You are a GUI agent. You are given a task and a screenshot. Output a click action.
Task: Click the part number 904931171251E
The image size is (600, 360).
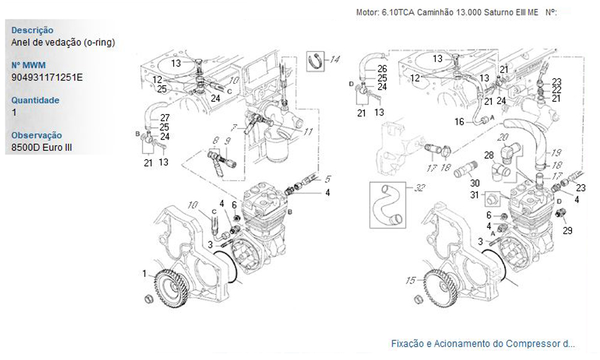coord(47,77)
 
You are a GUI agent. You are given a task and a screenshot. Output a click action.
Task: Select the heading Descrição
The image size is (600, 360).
coord(32,30)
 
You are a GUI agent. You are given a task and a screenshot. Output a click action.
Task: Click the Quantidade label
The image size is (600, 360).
coord(35,100)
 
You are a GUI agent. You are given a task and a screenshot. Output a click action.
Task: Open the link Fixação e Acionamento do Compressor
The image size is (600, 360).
coord(482,344)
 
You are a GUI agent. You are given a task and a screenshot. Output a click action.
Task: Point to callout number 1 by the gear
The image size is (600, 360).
coord(145,274)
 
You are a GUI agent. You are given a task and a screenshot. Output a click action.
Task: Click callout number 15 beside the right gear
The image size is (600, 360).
coord(410,280)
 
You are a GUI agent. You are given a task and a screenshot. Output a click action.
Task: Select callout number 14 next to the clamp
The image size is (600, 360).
coord(334,59)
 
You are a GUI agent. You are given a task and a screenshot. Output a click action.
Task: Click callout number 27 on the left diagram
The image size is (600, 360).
coord(164,118)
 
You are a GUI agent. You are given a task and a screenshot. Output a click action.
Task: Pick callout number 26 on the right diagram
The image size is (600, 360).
coord(382,69)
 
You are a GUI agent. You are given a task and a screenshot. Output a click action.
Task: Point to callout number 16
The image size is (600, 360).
coord(459,122)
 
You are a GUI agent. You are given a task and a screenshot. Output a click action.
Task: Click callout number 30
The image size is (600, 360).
coord(475,182)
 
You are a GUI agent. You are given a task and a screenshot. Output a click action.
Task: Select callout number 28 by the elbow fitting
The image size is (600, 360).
coord(489,155)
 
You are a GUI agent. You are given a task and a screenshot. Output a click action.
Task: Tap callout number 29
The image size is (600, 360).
coord(568,230)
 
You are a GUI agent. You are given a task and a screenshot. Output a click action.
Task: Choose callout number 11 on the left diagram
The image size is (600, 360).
coord(308,131)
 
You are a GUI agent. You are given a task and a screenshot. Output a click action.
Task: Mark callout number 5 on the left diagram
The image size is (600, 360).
coord(328,179)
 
